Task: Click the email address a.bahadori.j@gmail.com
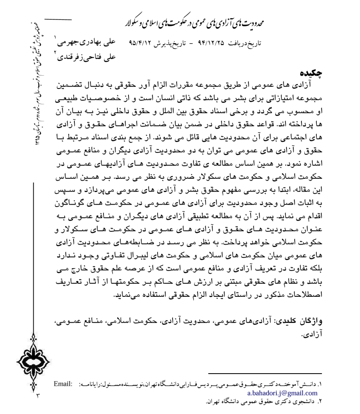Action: tap(282, 393)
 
